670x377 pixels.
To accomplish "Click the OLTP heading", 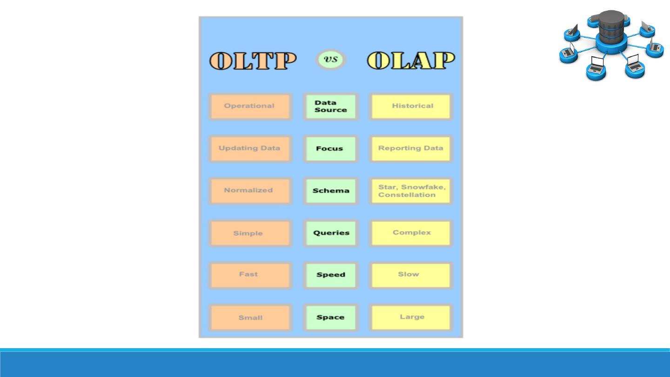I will (x=253, y=61).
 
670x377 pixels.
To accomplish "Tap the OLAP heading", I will (x=411, y=61).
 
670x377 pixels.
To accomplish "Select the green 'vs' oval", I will (x=331, y=60).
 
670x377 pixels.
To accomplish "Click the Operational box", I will (x=250, y=106).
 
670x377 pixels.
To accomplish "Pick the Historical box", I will (x=411, y=106).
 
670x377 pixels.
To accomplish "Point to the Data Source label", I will (x=331, y=107).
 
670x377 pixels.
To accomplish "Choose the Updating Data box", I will (x=250, y=148).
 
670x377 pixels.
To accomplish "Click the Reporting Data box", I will (x=411, y=148).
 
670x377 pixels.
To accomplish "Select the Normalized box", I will (x=250, y=190).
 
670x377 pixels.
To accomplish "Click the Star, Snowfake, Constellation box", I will (x=411, y=191).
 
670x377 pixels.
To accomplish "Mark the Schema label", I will (x=331, y=191).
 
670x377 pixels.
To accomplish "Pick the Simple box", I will (x=250, y=233).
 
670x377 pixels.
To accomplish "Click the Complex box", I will (x=411, y=233).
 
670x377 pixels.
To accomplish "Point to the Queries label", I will (x=331, y=233).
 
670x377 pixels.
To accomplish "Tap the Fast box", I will (x=250, y=275).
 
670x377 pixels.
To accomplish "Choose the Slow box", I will (x=411, y=275).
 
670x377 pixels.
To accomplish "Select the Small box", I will (x=250, y=317).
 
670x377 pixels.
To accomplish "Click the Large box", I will (x=411, y=317).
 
